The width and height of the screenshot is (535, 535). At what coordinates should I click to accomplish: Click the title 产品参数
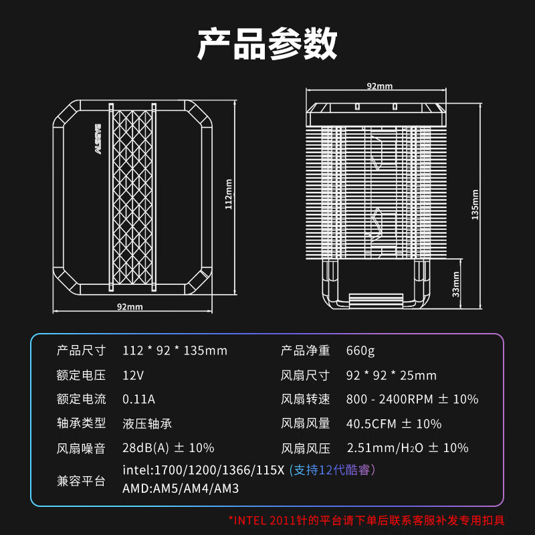click(x=267, y=45)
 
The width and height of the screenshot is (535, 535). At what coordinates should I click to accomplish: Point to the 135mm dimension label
click(x=475, y=204)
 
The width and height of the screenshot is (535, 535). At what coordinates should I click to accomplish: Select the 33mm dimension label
click(x=456, y=284)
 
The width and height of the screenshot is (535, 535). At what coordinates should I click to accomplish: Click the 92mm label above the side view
click(x=379, y=86)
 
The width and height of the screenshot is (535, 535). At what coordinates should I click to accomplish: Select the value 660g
click(x=361, y=350)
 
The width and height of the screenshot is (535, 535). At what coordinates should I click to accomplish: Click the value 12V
click(x=133, y=375)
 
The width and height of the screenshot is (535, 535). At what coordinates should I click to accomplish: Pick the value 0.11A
click(x=138, y=399)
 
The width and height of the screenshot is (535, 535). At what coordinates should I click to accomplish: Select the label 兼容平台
click(x=81, y=480)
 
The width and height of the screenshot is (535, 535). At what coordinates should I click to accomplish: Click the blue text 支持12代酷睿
click(x=332, y=470)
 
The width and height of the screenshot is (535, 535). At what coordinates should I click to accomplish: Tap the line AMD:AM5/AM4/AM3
click(x=181, y=489)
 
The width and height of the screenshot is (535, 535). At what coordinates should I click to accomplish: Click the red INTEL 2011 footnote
click(x=366, y=520)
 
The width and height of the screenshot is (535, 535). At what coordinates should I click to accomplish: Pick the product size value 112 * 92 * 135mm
click(x=175, y=350)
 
